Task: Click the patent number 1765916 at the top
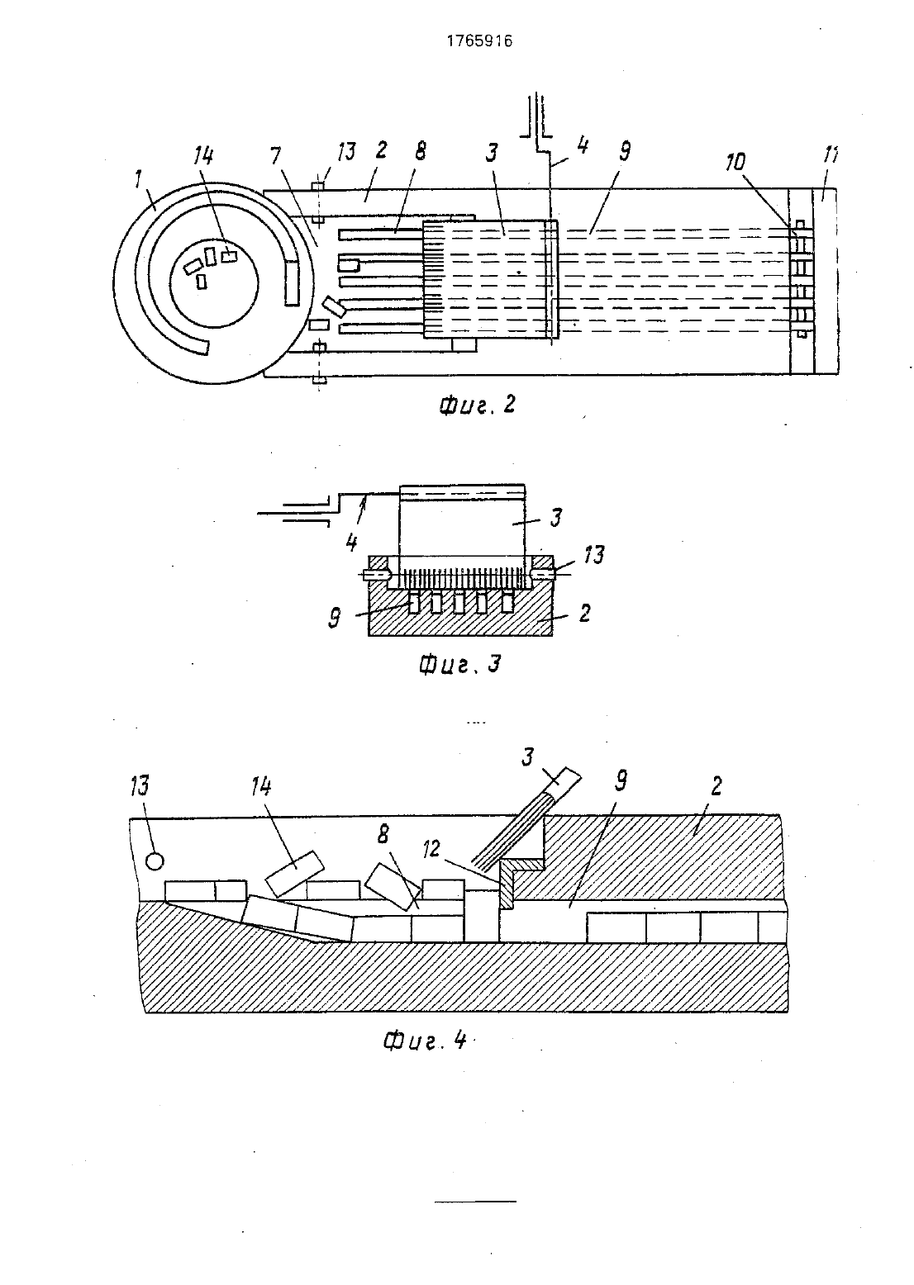tap(479, 40)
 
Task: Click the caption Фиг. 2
tap(477, 405)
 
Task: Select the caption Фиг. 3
tap(460, 664)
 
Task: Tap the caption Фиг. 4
tap(424, 1040)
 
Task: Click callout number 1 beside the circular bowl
tap(138, 179)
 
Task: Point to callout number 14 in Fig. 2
tap(204, 155)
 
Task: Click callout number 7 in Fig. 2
tap(276, 155)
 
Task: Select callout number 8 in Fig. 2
tap(421, 151)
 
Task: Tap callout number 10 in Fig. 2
tap(735, 162)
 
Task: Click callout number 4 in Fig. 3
tap(352, 542)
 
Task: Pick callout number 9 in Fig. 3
tap(334, 617)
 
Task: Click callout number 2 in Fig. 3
tap(584, 614)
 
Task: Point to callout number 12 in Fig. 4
tap(431, 848)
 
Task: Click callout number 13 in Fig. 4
tap(140, 786)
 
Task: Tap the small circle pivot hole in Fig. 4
tap(155, 861)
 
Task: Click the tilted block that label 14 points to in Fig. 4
tap(295, 874)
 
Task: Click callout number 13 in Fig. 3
tap(594, 555)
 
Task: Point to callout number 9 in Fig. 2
tap(625, 151)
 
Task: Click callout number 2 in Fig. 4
tap(716, 786)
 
